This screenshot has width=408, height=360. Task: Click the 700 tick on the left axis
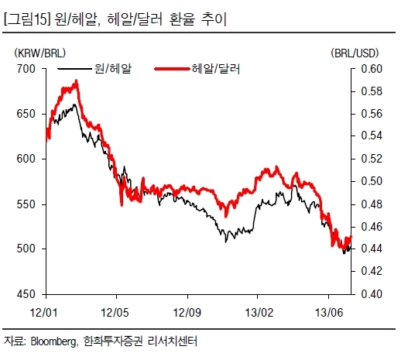pyautogui.click(x=26, y=69)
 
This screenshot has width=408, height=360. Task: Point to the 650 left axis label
pyautogui.click(x=26, y=114)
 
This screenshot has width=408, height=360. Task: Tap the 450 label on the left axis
pyautogui.click(x=26, y=294)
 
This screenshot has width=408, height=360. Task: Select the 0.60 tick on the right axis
pyautogui.click(x=372, y=69)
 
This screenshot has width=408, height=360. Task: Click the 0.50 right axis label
pyautogui.click(x=372, y=181)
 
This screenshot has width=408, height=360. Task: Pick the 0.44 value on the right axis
pyautogui.click(x=372, y=249)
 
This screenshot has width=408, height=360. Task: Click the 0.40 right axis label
pyautogui.click(x=372, y=294)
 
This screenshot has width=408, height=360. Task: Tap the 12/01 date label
pyautogui.click(x=43, y=313)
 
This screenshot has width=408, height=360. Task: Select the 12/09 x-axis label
pyautogui.click(x=187, y=313)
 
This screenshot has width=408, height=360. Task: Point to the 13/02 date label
pyautogui.click(x=259, y=313)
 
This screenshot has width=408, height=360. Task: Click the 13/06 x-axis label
pyautogui.click(x=329, y=313)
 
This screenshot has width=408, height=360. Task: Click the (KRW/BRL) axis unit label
pyautogui.click(x=39, y=53)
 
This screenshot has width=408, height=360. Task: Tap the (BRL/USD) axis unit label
pyautogui.click(x=355, y=53)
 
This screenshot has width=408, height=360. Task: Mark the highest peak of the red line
pyautogui.click(x=76, y=81)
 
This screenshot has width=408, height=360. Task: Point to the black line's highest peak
pyautogui.click(x=74, y=105)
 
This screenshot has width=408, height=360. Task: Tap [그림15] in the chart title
pyautogui.click(x=27, y=20)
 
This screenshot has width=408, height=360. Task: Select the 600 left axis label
pyautogui.click(x=26, y=159)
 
